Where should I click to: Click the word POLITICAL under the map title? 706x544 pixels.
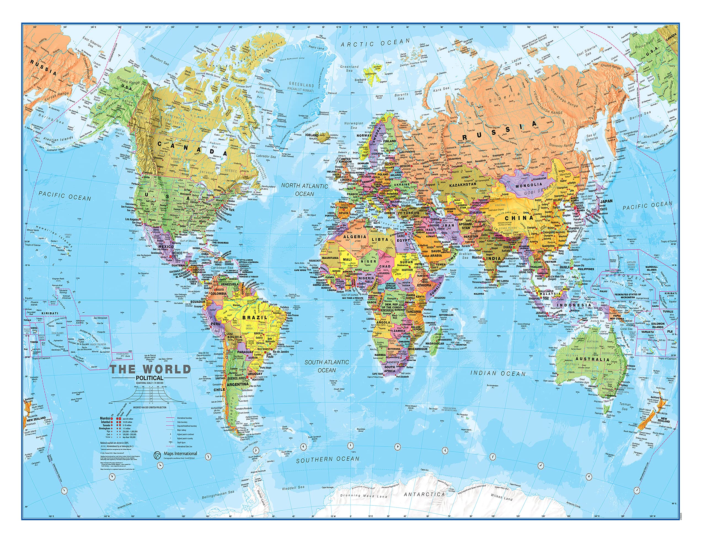(x=149, y=378)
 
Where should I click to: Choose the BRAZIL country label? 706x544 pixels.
(x=255, y=317)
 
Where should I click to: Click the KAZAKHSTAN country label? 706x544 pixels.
(x=462, y=184)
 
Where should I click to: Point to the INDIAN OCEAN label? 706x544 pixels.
(x=498, y=373)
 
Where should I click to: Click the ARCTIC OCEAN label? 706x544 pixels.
(x=375, y=43)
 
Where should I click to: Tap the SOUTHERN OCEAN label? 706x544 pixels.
(x=328, y=459)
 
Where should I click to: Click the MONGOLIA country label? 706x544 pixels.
(x=529, y=185)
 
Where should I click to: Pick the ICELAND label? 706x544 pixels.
(x=312, y=135)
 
